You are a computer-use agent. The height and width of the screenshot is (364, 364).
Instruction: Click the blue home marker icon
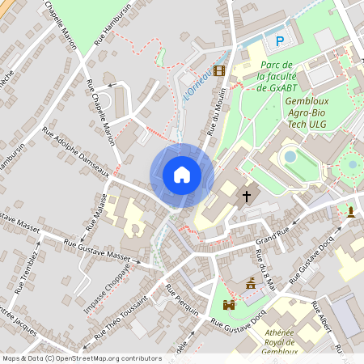pyautogui.click(x=182, y=175)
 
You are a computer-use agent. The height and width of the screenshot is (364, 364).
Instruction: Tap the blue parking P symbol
pyautogui.click(x=281, y=41)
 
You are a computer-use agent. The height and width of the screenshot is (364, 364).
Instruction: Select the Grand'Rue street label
pyautogui.click(x=272, y=237)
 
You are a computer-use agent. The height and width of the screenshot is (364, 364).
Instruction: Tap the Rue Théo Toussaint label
pyautogui.click(x=121, y=318)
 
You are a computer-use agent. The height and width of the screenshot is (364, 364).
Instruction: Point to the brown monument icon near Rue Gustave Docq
pyautogui.click(x=252, y=284)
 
